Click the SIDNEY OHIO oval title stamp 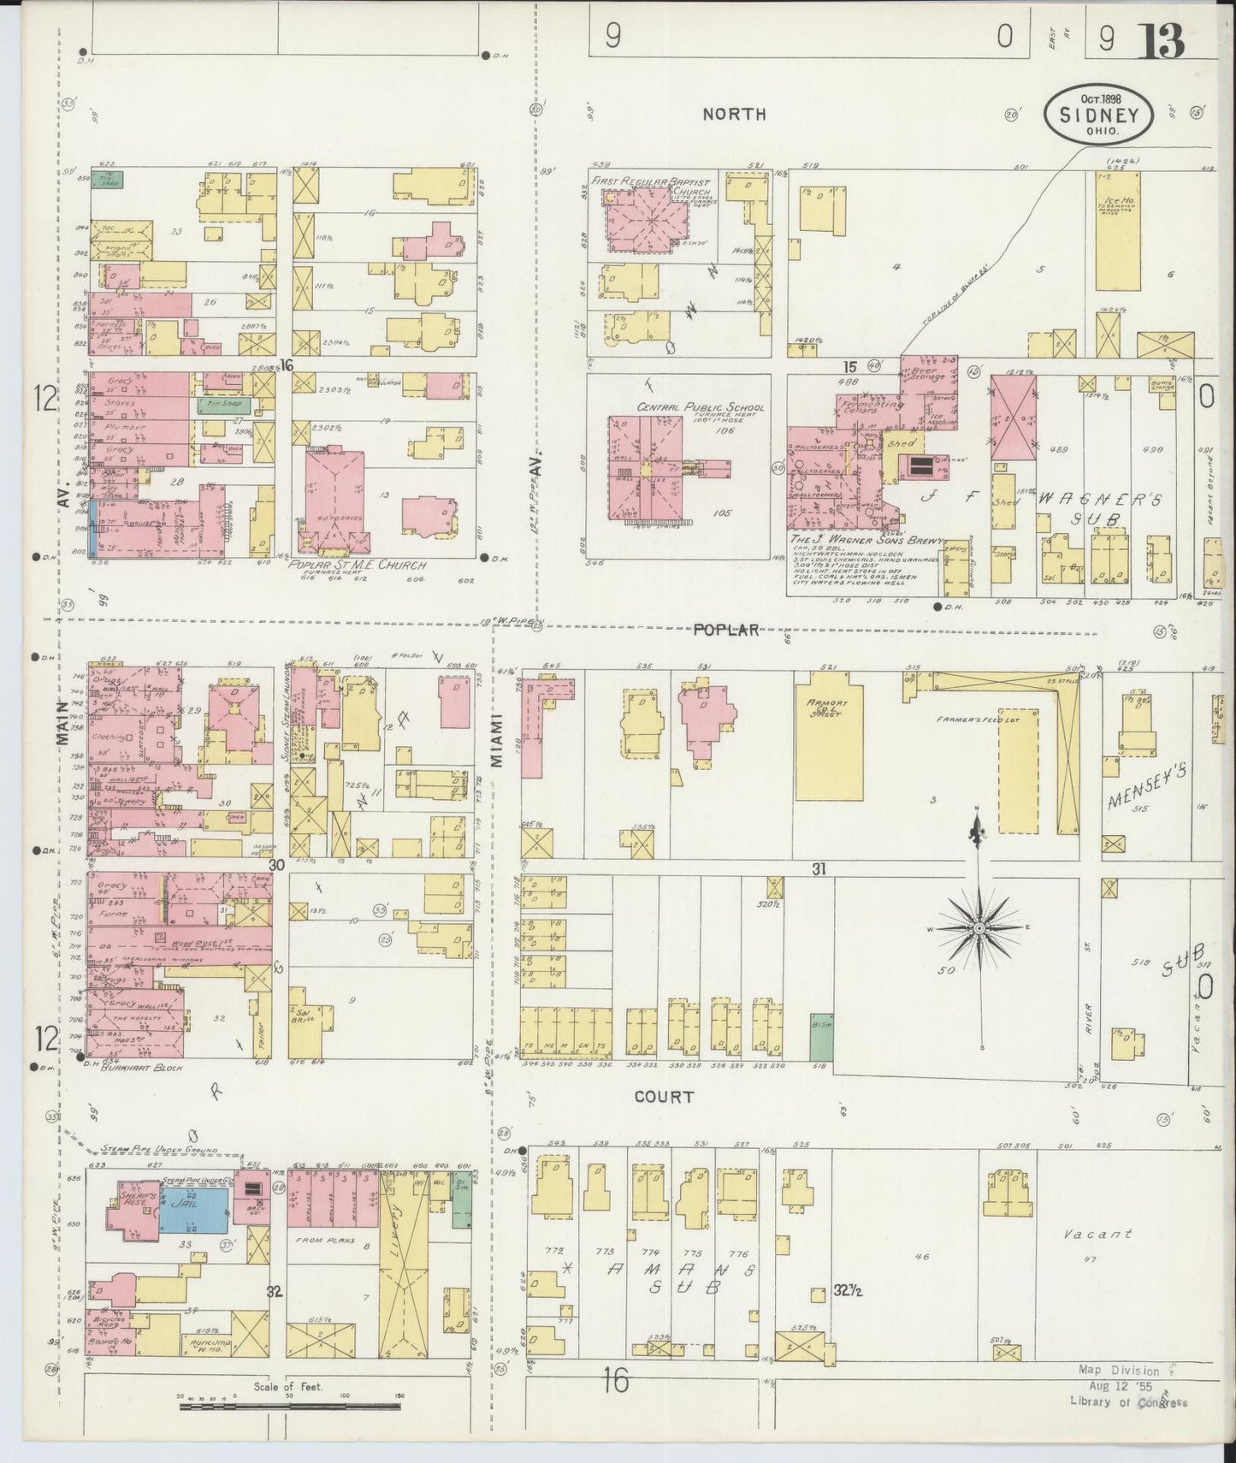coord(1098,114)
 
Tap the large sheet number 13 coord(1160,39)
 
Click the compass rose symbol coord(979,927)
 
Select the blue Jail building coord(195,1207)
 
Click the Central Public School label coord(688,408)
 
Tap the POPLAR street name coord(725,630)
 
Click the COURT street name coord(664,1096)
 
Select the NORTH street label coord(734,114)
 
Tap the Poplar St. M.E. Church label coord(358,565)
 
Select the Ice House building coord(1117,231)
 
